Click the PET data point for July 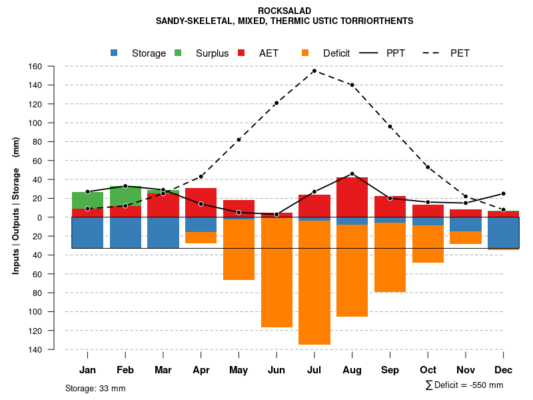314,71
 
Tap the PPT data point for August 352,174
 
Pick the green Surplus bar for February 125,197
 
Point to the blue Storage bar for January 87,233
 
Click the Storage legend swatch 114,53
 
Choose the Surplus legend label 212,53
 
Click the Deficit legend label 336,53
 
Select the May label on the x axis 239,370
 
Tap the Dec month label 504,370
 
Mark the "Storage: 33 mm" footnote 95,388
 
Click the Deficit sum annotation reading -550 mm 464,385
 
